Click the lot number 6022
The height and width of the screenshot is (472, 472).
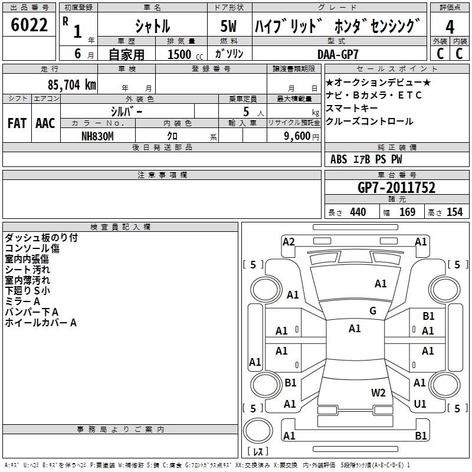29,25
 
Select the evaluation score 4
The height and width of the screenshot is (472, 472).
450,27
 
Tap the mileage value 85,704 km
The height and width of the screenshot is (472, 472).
67,85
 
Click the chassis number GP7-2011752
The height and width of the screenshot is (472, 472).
396,188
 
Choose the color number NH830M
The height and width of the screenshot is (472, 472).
97,135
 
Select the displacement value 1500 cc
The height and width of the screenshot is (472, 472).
180,54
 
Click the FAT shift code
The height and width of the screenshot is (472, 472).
17,123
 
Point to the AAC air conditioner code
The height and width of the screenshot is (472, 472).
45,123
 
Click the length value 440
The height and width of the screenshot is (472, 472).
358,212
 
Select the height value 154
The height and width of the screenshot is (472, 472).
454,212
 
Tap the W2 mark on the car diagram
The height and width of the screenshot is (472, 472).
378,393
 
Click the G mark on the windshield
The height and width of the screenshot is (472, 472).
373,311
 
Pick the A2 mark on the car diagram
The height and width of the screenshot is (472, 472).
289,241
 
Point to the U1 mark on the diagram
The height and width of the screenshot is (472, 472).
420,404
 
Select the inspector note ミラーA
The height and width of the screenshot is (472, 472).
22,301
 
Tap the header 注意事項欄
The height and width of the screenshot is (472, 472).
162,175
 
